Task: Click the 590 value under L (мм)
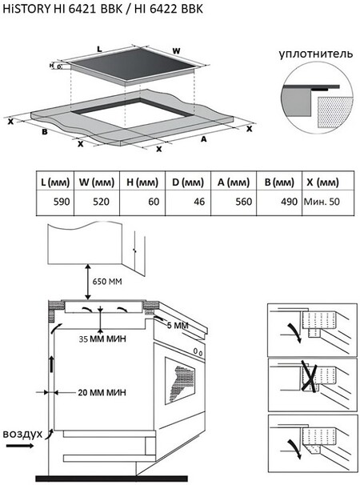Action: pyautogui.click(x=62, y=202)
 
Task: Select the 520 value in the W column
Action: pyautogui.click(x=101, y=202)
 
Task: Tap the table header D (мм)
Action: pyautogui.click(x=188, y=182)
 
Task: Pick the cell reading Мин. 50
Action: pyautogui.click(x=322, y=202)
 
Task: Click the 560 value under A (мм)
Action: pyautogui.click(x=244, y=202)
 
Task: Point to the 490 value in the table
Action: pyautogui.click(x=289, y=202)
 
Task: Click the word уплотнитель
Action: pyautogui.click(x=315, y=54)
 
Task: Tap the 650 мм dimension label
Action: pyautogui.click(x=107, y=282)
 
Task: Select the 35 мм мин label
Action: pyautogui.click(x=102, y=339)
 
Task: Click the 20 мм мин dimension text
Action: pyautogui.click(x=102, y=392)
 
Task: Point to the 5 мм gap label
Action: pyautogui.click(x=178, y=326)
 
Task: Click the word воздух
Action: pyautogui.click(x=22, y=434)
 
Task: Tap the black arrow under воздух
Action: pyautogui.click(x=20, y=446)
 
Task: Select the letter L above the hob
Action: pyautogui.click(x=99, y=49)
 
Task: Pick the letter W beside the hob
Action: pyautogui.click(x=176, y=51)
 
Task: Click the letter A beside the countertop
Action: pyautogui.click(x=203, y=139)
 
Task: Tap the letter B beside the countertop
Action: pyautogui.click(x=45, y=132)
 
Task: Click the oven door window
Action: pyautogui.click(x=180, y=381)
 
